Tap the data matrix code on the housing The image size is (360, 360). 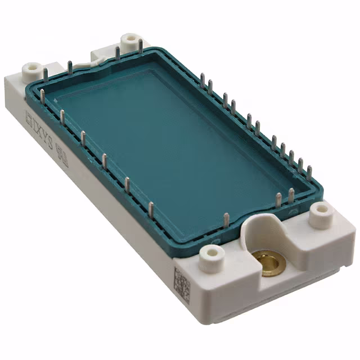click(x=181, y=284)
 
